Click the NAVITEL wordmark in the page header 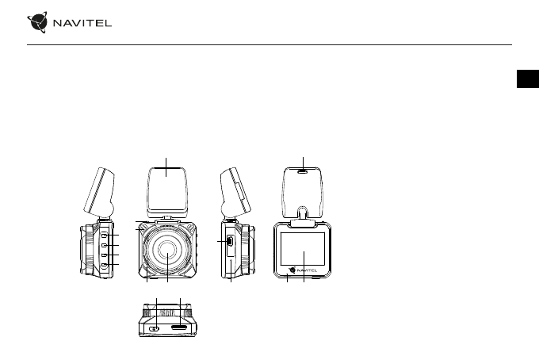[82, 23]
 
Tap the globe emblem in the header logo [37, 22]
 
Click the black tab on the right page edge [528, 79]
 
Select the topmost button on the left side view [104, 236]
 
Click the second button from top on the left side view [104, 245]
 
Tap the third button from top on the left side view [104, 255]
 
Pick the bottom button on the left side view [104, 264]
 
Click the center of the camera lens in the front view [167, 249]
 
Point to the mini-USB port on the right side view [230, 241]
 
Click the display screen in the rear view [303, 249]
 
